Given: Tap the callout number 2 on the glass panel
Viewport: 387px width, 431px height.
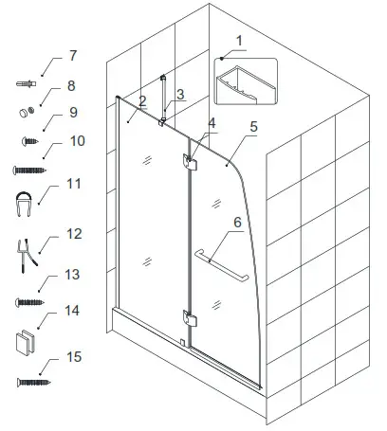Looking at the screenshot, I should [140, 100].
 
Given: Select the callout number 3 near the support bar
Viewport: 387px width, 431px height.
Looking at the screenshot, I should [181, 94].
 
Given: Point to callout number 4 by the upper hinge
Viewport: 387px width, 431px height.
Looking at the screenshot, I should [212, 124].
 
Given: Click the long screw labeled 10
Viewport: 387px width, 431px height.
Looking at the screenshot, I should [26, 170].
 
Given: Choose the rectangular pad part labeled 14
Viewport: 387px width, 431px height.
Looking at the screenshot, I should [26, 340].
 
